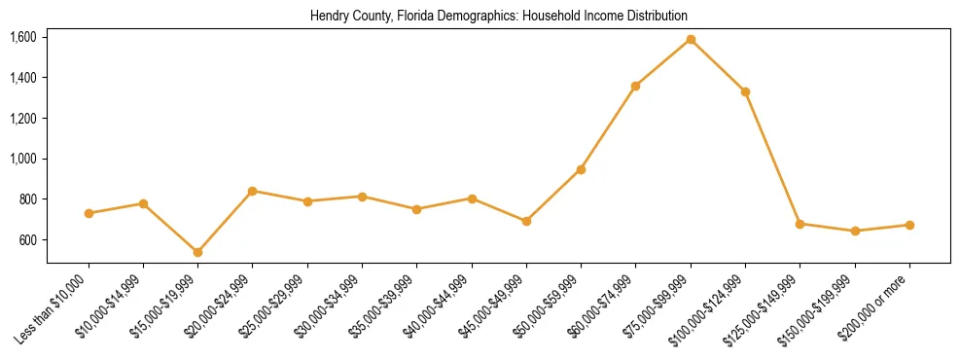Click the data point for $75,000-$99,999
(x=691, y=40)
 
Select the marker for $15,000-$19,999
(x=197, y=252)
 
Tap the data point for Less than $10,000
(x=89, y=213)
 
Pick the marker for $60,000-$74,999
(x=635, y=87)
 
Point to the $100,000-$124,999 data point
(x=745, y=92)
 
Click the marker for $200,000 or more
(x=909, y=225)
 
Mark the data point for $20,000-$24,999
(x=253, y=191)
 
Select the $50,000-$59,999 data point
(x=581, y=169)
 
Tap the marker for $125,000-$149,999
(x=800, y=224)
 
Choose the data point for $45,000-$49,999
(x=526, y=222)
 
